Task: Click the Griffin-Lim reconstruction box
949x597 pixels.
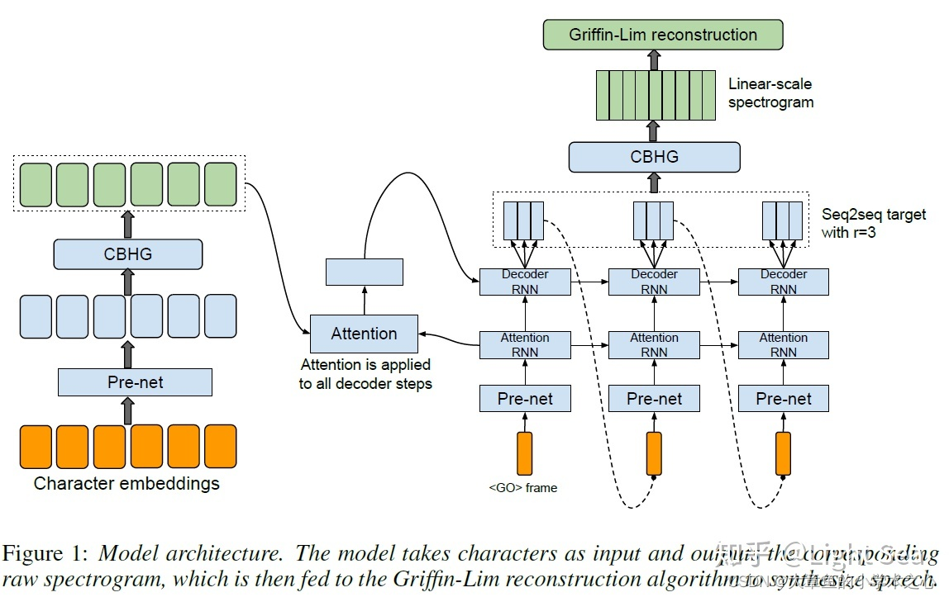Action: click(x=662, y=35)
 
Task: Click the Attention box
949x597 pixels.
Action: click(x=364, y=334)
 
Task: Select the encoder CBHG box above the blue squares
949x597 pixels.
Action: click(x=128, y=254)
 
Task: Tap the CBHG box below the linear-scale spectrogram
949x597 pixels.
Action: click(x=654, y=156)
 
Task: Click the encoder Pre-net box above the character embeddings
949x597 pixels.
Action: click(x=135, y=382)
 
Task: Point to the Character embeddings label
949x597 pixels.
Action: click(x=126, y=484)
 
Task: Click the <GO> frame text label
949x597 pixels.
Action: click(x=523, y=488)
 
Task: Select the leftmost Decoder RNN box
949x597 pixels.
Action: click(x=525, y=282)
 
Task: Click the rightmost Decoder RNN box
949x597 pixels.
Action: click(x=783, y=282)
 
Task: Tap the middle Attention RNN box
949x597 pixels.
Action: click(x=654, y=345)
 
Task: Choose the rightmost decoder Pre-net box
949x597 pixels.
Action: click(x=783, y=399)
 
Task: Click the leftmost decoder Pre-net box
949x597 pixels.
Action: click(x=525, y=399)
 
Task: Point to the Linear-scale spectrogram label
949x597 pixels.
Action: click(x=770, y=93)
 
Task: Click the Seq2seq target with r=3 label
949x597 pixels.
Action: click(x=863, y=222)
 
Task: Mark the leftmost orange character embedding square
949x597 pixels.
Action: click(x=36, y=447)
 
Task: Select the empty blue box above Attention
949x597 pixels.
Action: click(x=365, y=272)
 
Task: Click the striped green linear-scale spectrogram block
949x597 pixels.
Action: click(x=655, y=96)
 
